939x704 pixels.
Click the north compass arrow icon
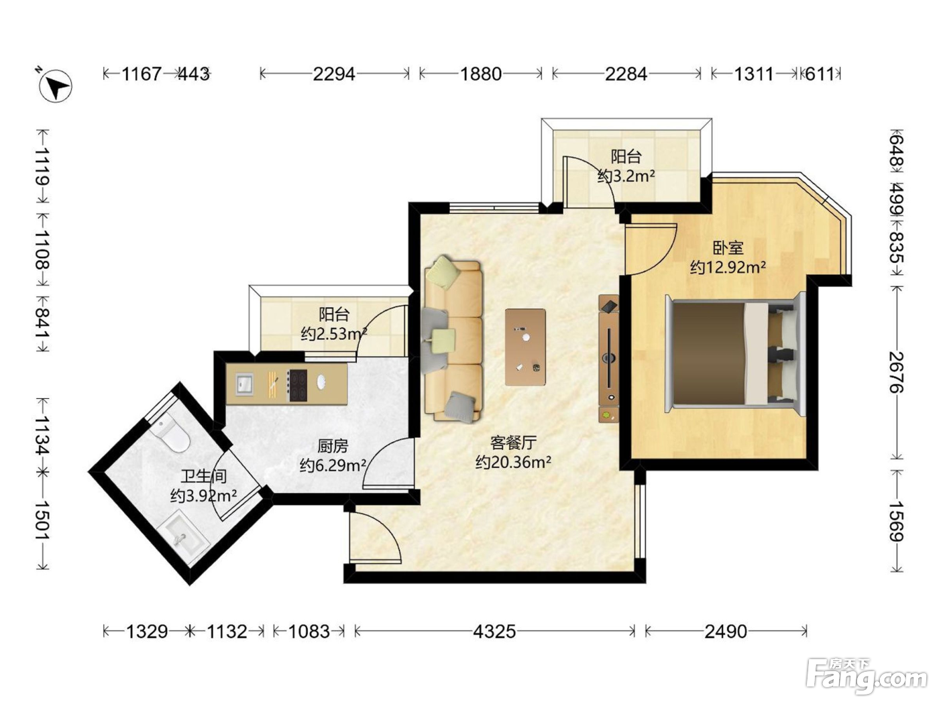click(55, 85)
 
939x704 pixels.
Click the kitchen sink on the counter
click(244, 384)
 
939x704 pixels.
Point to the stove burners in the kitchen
click(298, 386)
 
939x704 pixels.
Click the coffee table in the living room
click(525, 347)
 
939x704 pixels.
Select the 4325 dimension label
click(494, 632)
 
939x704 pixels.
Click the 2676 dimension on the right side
click(896, 372)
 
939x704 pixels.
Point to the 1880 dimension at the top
click(481, 74)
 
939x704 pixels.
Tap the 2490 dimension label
click(726, 632)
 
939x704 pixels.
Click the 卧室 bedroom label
click(728, 247)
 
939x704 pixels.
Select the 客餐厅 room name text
click(513, 443)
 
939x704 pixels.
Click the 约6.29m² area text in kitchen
click(333, 465)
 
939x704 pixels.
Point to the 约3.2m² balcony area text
click(626, 176)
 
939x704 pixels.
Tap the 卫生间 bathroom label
click(203, 476)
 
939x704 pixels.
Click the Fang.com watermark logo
click(867, 676)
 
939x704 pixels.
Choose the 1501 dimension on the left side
click(42, 520)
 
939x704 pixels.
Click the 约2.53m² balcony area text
click(334, 333)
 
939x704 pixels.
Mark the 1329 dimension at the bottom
click(147, 632)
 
